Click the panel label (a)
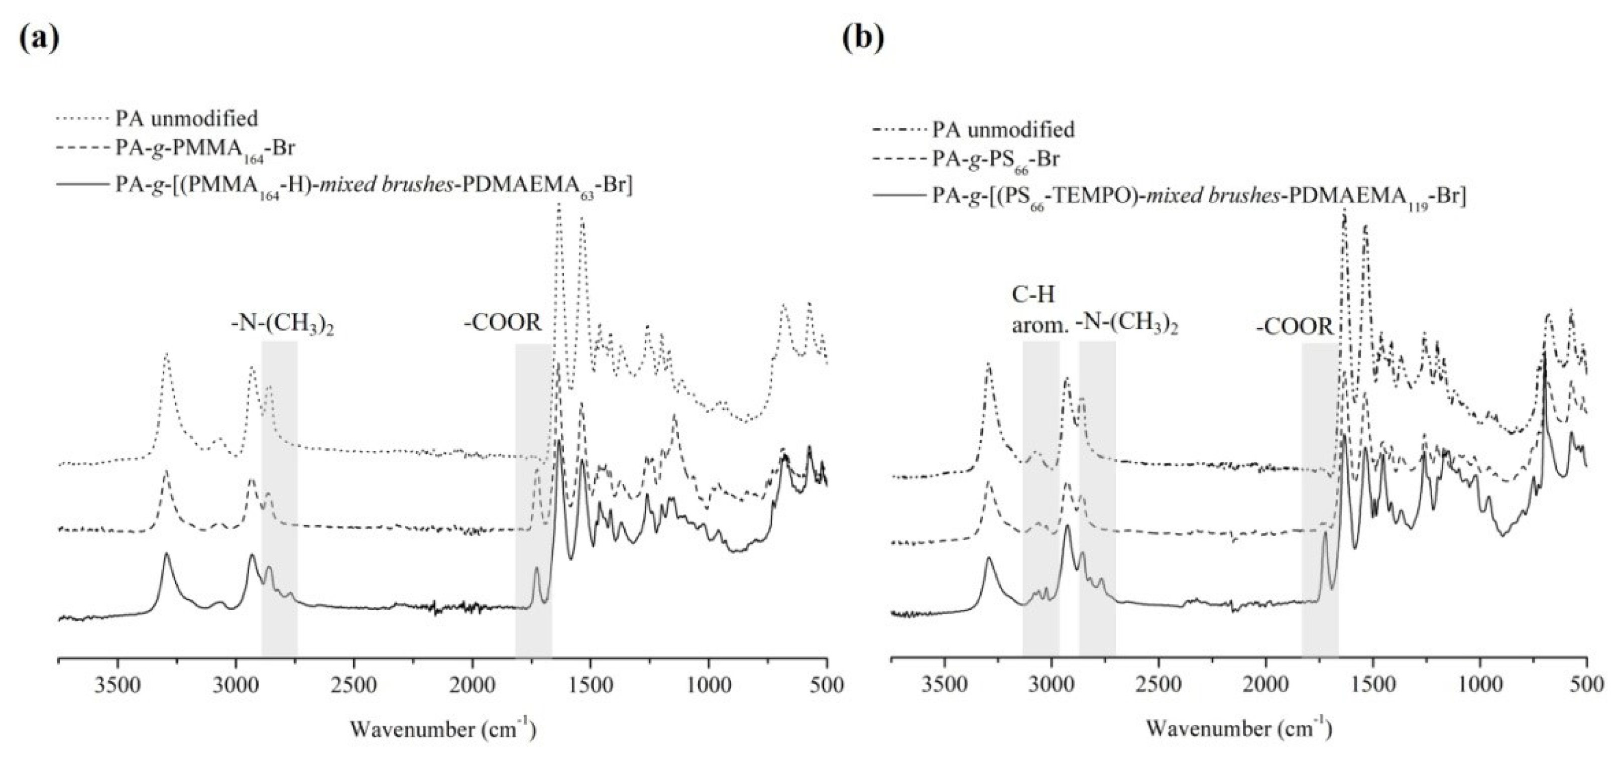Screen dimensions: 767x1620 [39, 39]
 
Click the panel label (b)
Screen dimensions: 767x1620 [863, 39]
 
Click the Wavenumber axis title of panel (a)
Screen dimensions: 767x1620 [443, 729]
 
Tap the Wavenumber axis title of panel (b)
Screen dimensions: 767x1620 [1238, 729]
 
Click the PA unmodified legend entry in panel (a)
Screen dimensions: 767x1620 [186, 118]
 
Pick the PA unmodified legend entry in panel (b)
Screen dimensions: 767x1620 [1003, 130]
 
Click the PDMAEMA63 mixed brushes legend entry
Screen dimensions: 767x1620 [374, 186]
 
